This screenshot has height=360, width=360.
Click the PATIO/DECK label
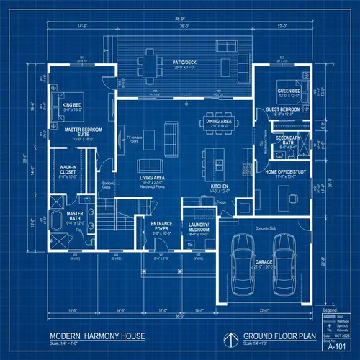tap(185, 63)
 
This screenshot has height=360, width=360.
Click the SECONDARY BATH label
tap(288, 139)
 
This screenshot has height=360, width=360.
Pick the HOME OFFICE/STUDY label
tap(287, 171)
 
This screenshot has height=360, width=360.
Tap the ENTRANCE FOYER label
tap(161, 226)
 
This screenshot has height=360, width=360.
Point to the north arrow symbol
tap(231, 337)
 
